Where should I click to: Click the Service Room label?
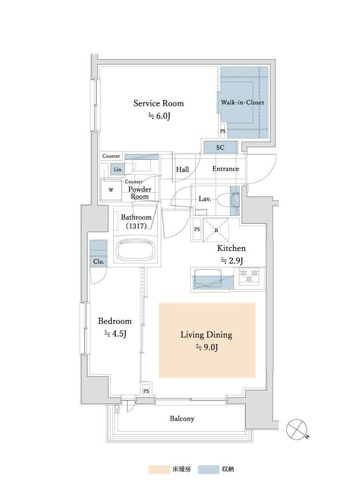(159, 103)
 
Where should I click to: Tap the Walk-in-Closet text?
(242, 102)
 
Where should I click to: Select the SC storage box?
(221, 148)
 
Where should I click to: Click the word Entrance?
(225, 169)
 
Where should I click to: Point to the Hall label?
(182, 169)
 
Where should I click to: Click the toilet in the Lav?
(227, 199)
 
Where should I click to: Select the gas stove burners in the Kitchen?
(249, 276)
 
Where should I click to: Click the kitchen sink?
(208, 278)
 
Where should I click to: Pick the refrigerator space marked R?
(216, 230)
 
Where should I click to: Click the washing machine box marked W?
(111, 190)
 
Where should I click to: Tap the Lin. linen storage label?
(118, 169)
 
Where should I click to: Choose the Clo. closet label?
(99, 262)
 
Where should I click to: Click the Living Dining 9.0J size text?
(207, 347)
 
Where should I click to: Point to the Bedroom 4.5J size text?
(115, 334)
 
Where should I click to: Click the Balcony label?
(182, 419)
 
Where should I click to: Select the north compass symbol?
(297, 429)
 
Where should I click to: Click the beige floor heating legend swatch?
(159, 469)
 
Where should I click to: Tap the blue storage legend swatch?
(208, 469)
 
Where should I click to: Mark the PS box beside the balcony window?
(146, 391)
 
